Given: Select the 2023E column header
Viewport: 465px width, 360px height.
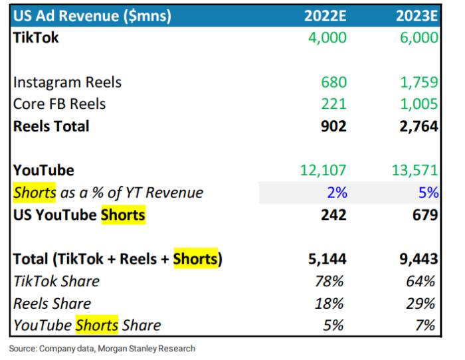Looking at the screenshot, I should click(x=415, y=15).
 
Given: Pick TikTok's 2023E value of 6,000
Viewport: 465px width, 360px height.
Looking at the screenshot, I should click(x=418, y=38).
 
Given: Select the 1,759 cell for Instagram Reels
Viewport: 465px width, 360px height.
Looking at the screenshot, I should click(x=418, y=82).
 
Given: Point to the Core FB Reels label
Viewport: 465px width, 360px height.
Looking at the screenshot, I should click(x=59, y=104).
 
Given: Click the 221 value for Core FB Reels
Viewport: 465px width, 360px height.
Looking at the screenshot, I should click(x=333, y=104).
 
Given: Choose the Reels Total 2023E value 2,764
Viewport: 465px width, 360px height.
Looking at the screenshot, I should click(x=418, y=126).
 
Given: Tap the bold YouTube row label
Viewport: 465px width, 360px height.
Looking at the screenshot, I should click(x=43, y=171).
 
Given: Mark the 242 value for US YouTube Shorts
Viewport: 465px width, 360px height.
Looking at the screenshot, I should click(x=333, y=215).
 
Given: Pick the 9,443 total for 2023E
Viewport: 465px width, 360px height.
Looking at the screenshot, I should click(x=418, y=259).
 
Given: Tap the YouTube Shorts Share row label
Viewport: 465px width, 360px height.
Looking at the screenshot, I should click(x=87, y=325).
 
